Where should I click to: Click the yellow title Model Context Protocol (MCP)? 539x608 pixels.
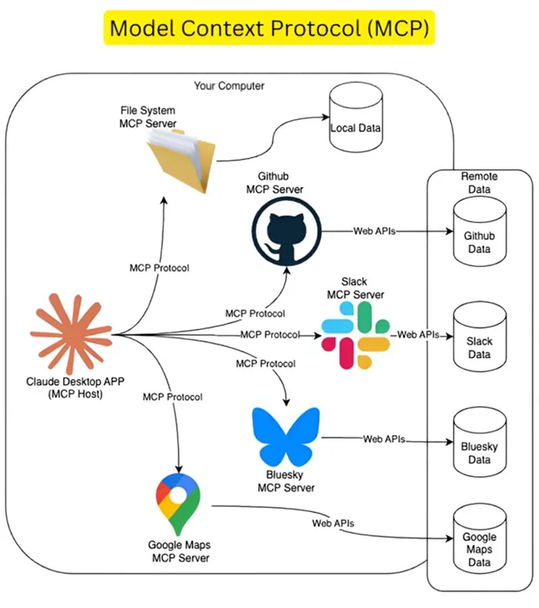coord(269,28)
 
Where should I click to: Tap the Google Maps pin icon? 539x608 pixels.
coord(178,504)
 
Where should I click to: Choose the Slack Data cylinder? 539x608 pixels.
coord(479,341)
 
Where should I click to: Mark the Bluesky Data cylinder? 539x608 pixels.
coord(479,446)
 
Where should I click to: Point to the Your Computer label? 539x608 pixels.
coord(229,85)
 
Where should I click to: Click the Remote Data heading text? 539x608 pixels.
coord(479,182)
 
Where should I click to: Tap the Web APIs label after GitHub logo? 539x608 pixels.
coord(374,231)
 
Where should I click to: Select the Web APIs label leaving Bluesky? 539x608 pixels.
coord(383,439)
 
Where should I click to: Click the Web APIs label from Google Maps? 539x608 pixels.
coord(333,523)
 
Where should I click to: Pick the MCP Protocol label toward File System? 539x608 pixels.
coord(159,268)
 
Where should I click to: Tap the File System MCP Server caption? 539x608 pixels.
coord(148,117)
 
